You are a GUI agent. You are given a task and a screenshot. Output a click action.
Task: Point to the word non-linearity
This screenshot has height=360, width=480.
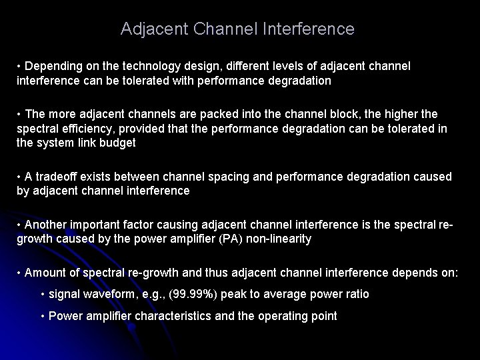(x=279, y=239)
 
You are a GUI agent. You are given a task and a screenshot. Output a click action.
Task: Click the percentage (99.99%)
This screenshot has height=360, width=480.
(x=201, y=294)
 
